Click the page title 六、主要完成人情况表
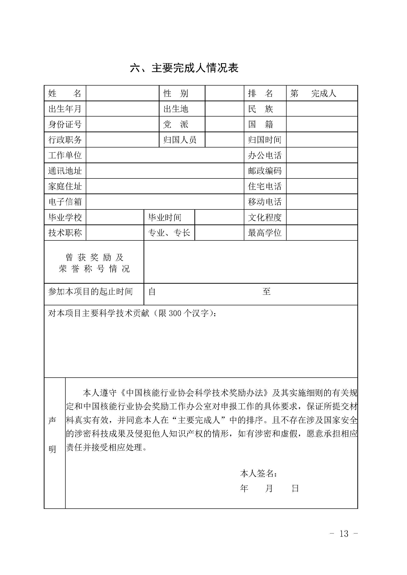(184, 68)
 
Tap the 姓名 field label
(65, 93)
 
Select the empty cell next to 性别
(224, 93)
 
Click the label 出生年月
(65, 109)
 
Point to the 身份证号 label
(65, 124)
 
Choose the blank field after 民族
(321, 109)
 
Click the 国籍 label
(261, 124)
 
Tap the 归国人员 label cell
(180, 140)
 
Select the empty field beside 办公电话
(321, 155)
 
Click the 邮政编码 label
(265, 171)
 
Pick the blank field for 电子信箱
(165, 202)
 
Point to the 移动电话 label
(265, 202)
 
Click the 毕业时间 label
(165, 217)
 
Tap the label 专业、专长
(169, 233)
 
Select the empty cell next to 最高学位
(321, 233)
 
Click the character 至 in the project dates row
(266, 292)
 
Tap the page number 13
(344, 534)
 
